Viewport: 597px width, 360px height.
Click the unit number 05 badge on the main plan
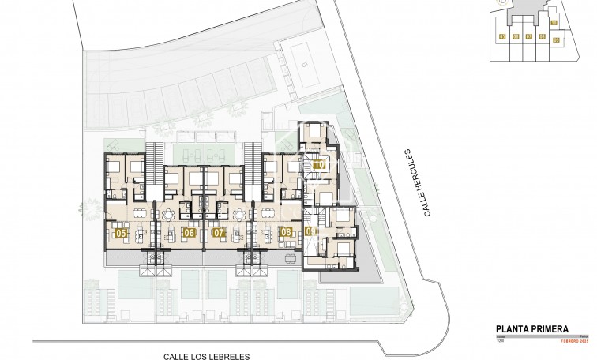[121, 233]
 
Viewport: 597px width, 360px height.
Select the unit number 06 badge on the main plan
[189, 233]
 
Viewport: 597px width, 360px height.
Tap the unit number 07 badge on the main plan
[219, 233]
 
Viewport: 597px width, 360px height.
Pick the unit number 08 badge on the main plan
[285, 232]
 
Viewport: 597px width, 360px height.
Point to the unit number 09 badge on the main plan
[310, 232]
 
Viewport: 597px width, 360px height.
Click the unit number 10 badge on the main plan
[319, 166]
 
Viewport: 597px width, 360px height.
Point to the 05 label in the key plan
[502, 36]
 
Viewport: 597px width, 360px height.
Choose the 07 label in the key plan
[528, 36]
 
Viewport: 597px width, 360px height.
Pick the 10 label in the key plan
[554, 24]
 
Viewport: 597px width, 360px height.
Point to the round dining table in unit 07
[239, 212]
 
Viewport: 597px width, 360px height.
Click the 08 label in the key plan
[542, 36]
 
